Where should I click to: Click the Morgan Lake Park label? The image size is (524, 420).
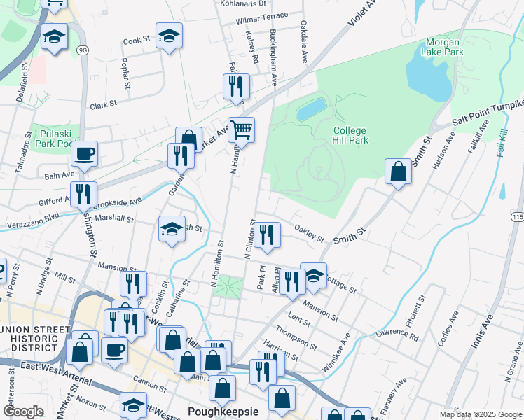pyautogui.click(x=444, y=47)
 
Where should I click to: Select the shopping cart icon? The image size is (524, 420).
pyautogui.click(x=241, y=129)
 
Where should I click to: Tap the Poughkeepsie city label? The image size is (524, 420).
pyautogui.click(x=223, y=411)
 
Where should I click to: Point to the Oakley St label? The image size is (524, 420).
pyautogui.click(x=309, y=233)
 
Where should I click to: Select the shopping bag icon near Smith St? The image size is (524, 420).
pyautogui.click(x=398, y=171)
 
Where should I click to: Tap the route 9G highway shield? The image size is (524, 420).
pyautogui.click(x=83, y=50)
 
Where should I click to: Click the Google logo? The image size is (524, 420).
pyautogui.click(x=24, y=412)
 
